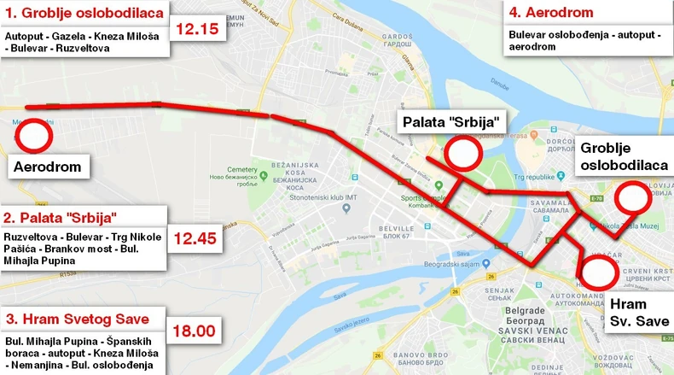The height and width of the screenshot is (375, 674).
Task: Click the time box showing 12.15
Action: coord(197,29)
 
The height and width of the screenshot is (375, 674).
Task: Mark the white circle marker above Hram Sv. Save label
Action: coord(598,272)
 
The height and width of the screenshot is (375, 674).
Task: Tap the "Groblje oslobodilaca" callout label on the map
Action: coord(624,155)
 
